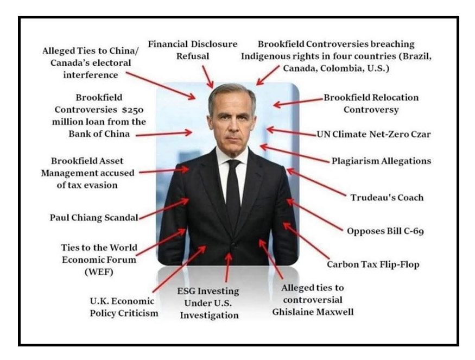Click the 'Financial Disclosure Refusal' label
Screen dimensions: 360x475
click(193, 49)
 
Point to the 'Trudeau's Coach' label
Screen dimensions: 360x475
click(387, 197)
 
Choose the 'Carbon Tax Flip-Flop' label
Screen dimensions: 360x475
click(373, 265)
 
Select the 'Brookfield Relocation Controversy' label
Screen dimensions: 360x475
click(371, 103)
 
